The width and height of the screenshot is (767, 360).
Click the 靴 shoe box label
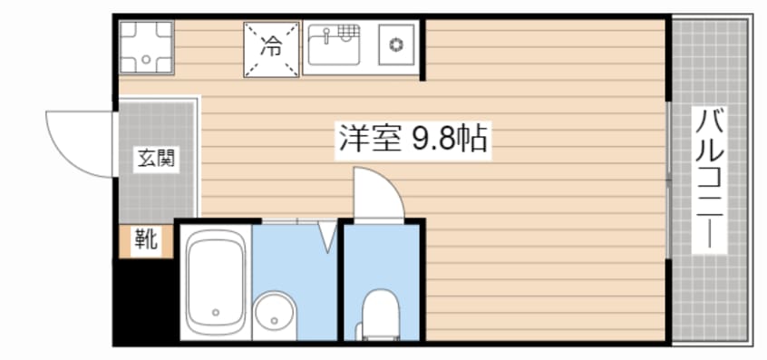point(146,240)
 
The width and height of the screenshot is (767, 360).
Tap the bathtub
point(216,280)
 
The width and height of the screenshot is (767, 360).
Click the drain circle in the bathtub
point(216,315)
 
